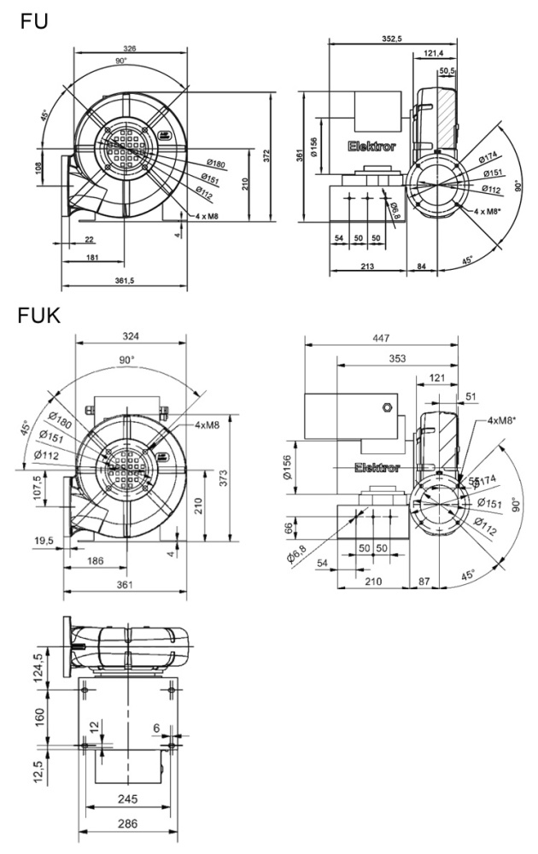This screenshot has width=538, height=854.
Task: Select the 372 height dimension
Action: point(268,155)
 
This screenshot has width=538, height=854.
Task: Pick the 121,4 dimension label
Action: point(433,55)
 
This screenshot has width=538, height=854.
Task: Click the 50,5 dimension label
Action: point(447,71)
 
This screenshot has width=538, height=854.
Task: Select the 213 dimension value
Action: point(367,267)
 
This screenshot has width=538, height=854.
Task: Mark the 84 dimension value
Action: point(423,267)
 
